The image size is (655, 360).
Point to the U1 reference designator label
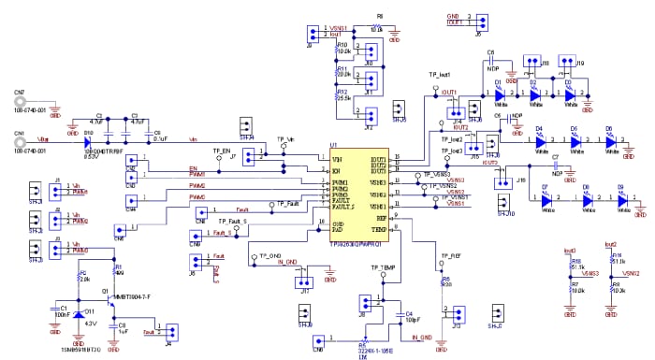click(334, 146)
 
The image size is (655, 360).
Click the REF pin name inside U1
click(382, 218)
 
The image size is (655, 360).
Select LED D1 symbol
click(500, 94)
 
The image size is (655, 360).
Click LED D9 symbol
click(620, 198)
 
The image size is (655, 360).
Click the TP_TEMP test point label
click(371, 267)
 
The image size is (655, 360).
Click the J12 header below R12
click(370, 116)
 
